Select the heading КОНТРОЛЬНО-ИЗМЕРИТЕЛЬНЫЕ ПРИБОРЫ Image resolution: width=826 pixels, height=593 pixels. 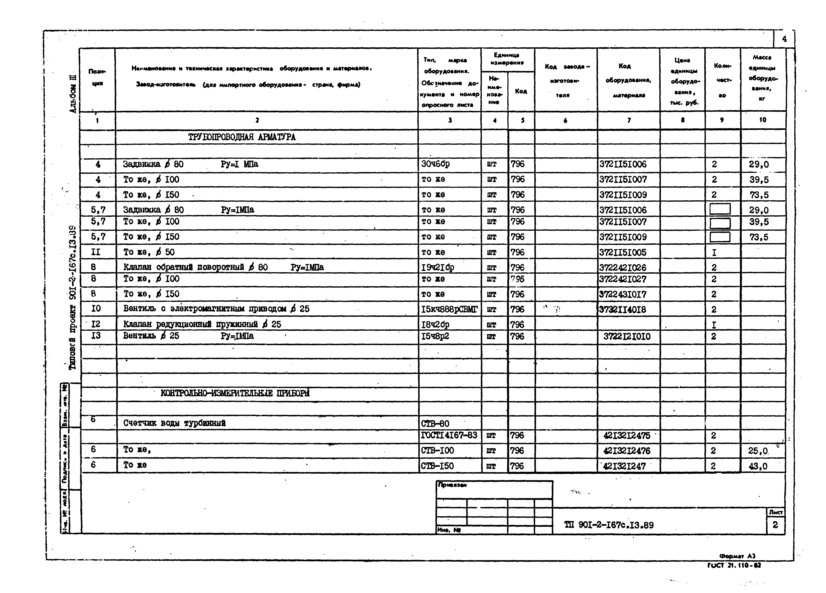235,393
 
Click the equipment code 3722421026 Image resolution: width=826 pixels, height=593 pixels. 623,268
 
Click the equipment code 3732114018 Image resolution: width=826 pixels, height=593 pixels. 623,310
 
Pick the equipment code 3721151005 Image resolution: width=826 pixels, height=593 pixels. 623,252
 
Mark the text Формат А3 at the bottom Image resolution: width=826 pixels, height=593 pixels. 737,556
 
